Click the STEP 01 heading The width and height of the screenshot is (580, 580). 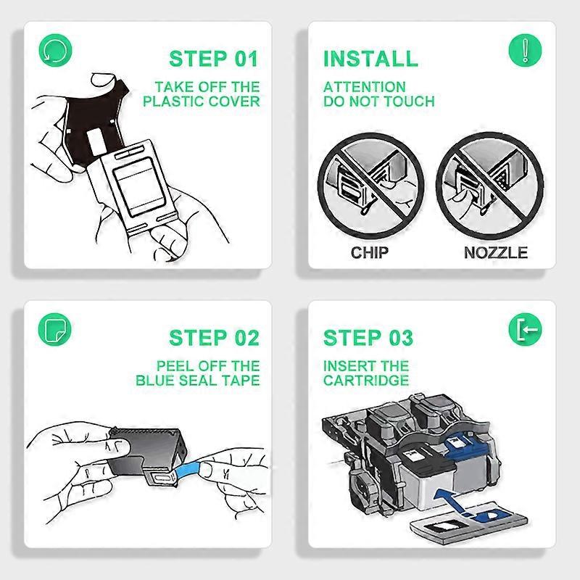click(213, 59)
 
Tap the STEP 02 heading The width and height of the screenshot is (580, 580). click(214, 338)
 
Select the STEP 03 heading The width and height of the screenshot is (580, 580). click(368, 338)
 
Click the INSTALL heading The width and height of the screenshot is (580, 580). click(370, 59)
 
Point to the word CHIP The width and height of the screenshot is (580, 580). click(370, 252)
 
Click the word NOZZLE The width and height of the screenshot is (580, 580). click(496, 252)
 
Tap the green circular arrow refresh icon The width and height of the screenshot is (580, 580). click(56, 50)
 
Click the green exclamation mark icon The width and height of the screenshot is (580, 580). click(525, 50)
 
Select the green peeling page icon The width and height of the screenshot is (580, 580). click(55, 329)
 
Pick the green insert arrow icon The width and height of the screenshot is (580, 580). click(525, 329)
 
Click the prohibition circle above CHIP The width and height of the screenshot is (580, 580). click(371, 186)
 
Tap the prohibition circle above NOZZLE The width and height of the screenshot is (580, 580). click(490, 186)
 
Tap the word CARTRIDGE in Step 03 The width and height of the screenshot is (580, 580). click(366, 380)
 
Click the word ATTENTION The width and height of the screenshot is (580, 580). click(365, 87)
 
